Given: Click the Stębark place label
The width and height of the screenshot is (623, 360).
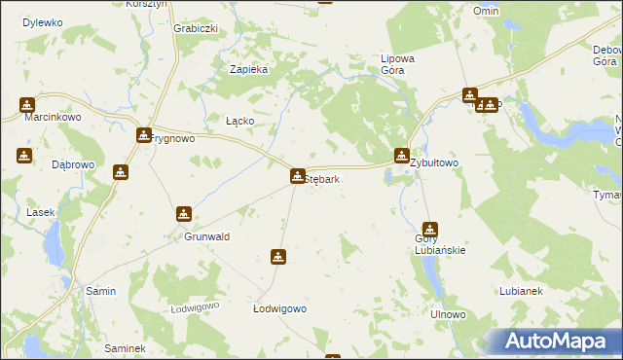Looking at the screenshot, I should coord(322,180).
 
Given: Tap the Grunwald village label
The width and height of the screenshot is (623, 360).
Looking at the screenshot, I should coord(206,236).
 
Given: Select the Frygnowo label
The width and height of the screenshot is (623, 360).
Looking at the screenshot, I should coord(176,139).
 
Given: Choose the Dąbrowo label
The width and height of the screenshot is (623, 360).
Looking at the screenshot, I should coord(72,164).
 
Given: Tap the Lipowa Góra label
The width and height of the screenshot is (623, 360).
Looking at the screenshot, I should coord(397,64).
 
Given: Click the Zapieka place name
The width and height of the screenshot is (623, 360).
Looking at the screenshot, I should coord(247,69).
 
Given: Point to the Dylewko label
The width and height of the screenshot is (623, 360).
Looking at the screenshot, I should coord(42,21).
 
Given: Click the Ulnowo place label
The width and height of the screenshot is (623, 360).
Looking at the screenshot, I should coord(449,315).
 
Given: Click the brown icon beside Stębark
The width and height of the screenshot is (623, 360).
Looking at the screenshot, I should coord(297,176).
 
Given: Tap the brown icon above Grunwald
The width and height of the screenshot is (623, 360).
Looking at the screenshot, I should coord(183,214).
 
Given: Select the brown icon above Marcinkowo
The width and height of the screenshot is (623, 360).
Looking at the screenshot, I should coord(26,104).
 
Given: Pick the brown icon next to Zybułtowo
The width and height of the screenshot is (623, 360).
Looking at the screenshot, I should coord(402,156).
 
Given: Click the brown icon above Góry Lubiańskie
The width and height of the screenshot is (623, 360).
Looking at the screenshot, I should coord(429,230).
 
